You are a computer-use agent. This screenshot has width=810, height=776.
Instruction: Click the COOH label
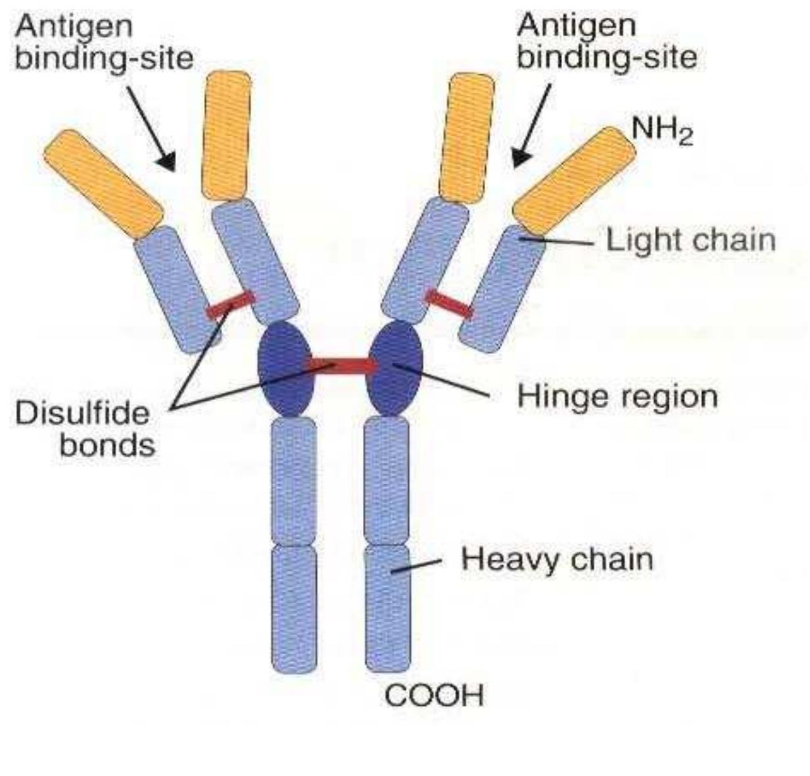(433, 696)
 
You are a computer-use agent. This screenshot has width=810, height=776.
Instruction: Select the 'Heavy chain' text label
(557, 560)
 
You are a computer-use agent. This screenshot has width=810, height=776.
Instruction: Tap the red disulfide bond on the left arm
(230, 305)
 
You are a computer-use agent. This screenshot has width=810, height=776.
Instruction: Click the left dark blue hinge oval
(285, 368)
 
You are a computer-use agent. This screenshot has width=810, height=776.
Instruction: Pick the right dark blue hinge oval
(394, 368)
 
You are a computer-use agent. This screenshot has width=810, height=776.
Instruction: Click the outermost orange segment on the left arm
(103, 183)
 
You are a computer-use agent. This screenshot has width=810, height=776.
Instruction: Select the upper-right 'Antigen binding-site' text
(606, 43)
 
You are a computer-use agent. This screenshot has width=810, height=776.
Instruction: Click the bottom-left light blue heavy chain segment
(294, 608)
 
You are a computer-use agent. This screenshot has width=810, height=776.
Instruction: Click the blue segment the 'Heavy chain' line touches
(388, 608)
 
